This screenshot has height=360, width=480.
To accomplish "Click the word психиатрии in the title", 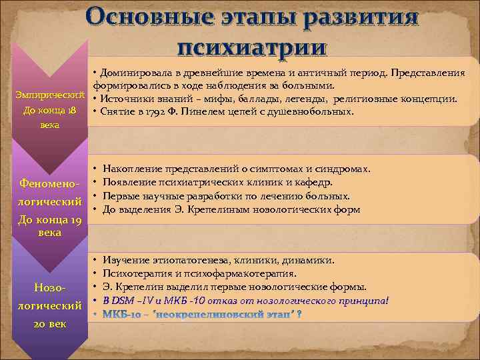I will tap(251, 47).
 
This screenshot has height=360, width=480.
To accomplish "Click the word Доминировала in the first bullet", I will tap(135, 72).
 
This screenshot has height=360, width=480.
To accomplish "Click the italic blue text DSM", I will tap(124, 300).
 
